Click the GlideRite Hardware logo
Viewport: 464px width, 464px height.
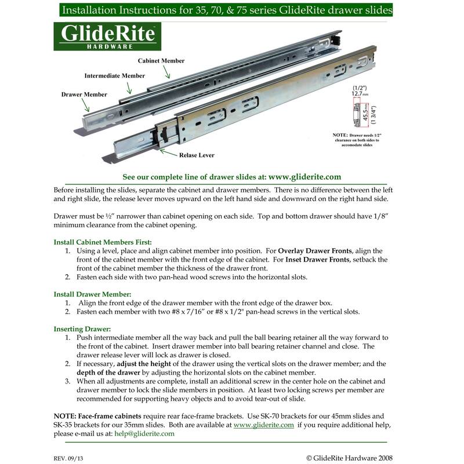point(107,37)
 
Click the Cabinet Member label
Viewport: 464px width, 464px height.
point(161,60)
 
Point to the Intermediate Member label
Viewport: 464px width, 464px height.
point(115,76)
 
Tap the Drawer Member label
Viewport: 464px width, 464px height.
point(84,93)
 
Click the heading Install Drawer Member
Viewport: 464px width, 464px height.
point(93,294)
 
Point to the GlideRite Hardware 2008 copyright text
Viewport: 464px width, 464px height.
point(350,457)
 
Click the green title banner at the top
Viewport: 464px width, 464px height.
point(232,10)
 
